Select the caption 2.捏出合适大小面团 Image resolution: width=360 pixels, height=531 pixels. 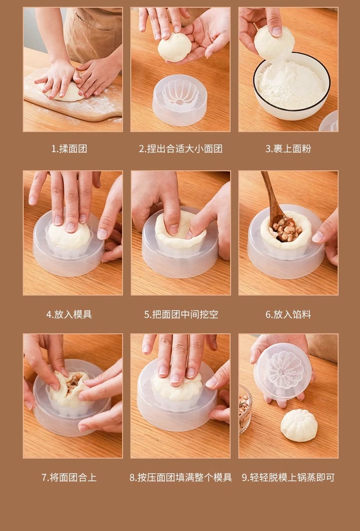[180, 149]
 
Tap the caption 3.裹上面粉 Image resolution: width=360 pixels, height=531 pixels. [288, 149]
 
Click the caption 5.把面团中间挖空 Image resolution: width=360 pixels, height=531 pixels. [181, 314]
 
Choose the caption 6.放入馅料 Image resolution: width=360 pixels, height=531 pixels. [288, 314]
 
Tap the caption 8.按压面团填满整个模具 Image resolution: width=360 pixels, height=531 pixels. [180, 477]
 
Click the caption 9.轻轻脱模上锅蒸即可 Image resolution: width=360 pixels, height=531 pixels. [288, 477]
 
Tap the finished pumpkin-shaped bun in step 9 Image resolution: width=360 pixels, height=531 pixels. [298, 425]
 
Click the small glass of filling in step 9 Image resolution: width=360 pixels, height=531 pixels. [245, 408]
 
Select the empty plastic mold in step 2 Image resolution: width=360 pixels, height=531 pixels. [180, 100]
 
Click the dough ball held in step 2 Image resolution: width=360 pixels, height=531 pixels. [174, 48]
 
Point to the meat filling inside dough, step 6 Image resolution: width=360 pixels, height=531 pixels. [286, 231]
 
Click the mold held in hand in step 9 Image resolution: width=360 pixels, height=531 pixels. [283, 371]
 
